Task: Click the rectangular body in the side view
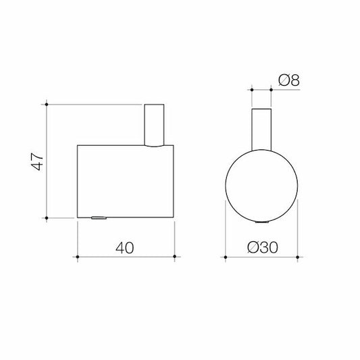(x=126, y=180)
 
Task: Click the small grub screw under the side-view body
(x=98, y=217)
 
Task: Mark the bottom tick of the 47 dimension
(x=47, y=217)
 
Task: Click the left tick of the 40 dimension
(x=78, y=257)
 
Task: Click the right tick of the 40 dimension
(x=175, y=257)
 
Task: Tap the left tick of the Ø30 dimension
(x=224, y=257)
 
